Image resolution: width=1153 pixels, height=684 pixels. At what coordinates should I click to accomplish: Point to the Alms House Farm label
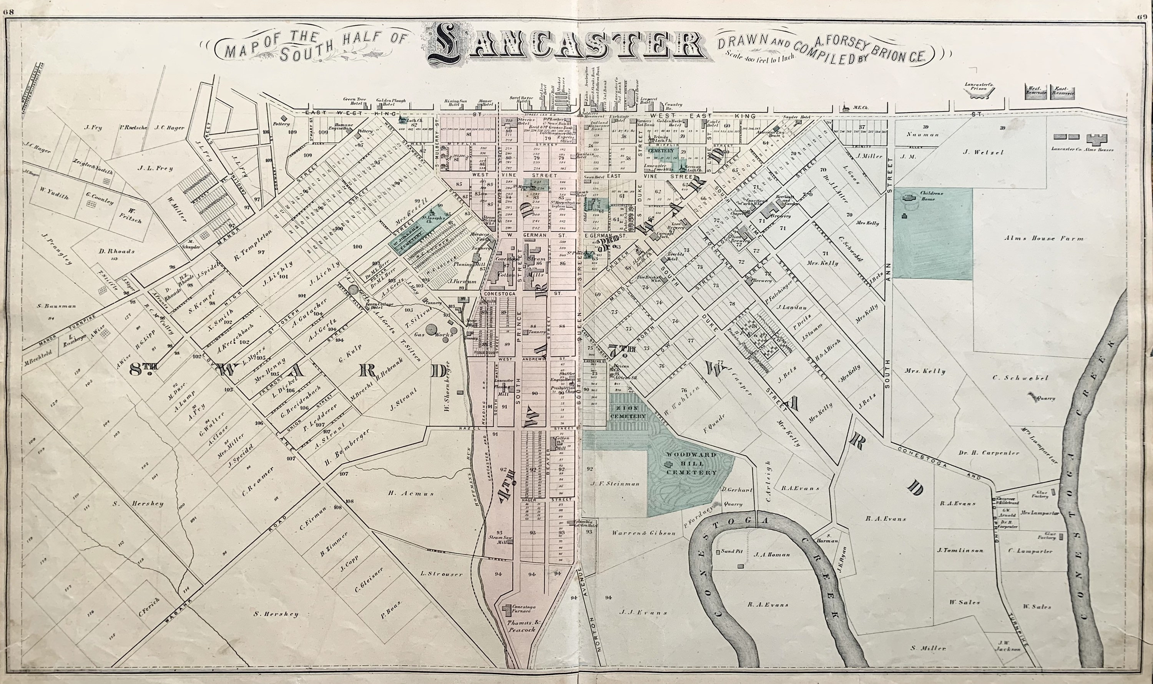pyautogui.click(x=1044, y=239)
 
